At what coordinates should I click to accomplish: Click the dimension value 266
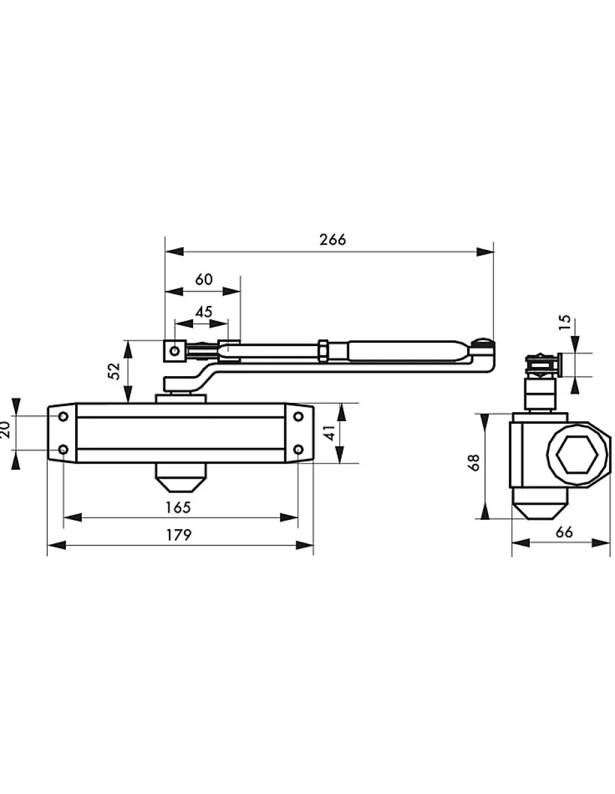(332, 239)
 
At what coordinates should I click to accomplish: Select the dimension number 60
(203, 279)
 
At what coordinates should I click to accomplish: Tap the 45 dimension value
(203, 312)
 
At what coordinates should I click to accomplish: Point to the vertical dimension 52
(114, 371)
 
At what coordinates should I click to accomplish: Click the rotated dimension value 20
(5, 429)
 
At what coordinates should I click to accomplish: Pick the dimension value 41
(330, 432)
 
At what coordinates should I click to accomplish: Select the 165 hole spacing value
(178, 507)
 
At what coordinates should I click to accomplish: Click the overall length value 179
(179, 535)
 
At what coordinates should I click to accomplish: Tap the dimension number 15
(565, 322)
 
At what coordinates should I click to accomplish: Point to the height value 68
(474, 462)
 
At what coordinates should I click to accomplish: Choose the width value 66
(564, 532)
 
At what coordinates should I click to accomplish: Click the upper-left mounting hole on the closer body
(63, 416)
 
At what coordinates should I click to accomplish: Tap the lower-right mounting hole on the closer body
(298, 449)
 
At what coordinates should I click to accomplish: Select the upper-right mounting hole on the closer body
(298, 416)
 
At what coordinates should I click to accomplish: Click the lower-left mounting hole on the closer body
(63, 449)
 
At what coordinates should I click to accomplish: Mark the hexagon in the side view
(577, 455)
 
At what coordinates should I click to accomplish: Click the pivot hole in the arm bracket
(175, 351)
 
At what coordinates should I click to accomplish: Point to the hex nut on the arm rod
(323, 351)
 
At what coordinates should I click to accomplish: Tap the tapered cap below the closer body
(181, 477)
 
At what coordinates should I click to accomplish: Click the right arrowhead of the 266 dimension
(485, 252)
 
